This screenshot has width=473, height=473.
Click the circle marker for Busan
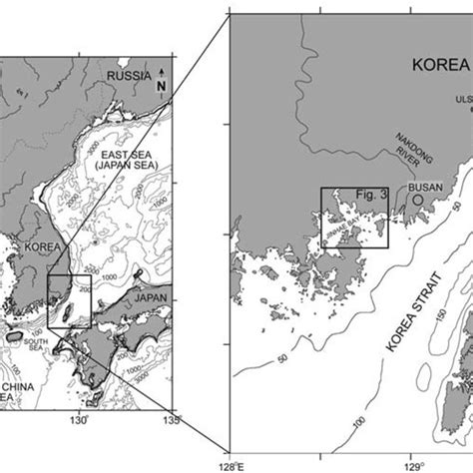click(x=416, y=200)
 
